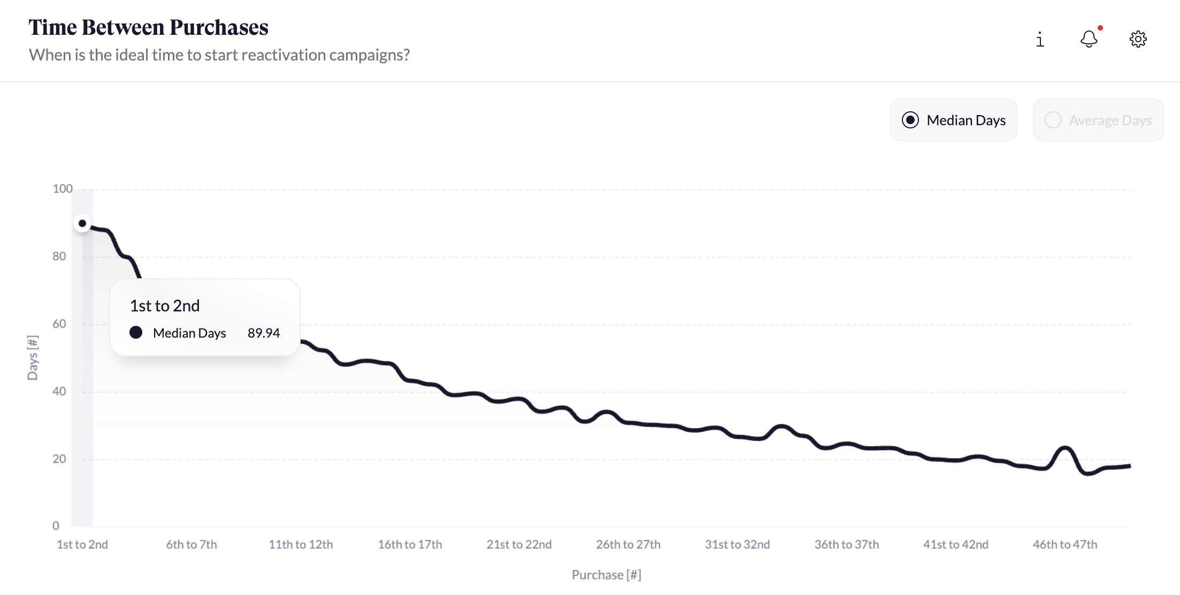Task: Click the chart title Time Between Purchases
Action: (x=148, y=27)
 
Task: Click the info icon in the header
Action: (x=1040, y=40)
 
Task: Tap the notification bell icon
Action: (x=1089, y=39)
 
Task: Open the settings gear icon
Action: (x=1138, y=39)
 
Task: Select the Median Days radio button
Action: (x=910, y=120)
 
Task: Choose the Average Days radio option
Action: (x=1053, y=120)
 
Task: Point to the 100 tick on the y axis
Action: (x=62, y=189)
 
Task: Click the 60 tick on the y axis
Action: (x=59, y=324)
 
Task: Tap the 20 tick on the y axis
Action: (x=59, y=459)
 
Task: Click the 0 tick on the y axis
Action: (x=56, y=526)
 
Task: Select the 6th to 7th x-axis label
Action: (x=191, y=545)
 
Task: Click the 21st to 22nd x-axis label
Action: (x=519, y=545)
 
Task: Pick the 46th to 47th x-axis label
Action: (x=1064, y=545)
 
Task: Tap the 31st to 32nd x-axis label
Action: (x=737, y=545)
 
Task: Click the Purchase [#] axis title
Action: (x=606, y=575)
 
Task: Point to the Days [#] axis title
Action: (x=33, y=357)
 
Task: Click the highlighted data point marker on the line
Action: (x=82, y=224)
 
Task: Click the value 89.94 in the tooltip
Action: (x=263, y=333)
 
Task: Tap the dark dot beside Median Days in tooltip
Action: (x=136, y=333)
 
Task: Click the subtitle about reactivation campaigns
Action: (x=219, y=55)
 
